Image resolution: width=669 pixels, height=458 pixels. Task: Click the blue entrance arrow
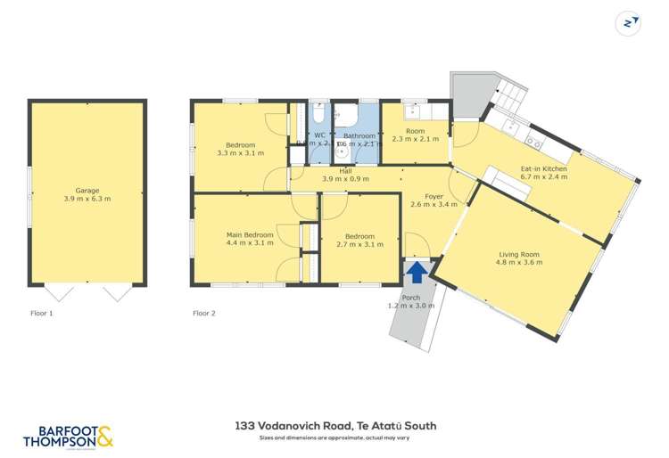[416, 271]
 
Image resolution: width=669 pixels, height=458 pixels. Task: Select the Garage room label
[87, 191]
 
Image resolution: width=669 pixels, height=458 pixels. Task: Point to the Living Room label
[518, 255]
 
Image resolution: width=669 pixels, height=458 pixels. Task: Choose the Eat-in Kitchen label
[544, 168]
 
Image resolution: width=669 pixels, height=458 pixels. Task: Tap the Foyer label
[434, 196]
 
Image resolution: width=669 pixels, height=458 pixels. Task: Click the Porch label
[411, 298]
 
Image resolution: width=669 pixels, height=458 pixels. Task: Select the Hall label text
[345, 170]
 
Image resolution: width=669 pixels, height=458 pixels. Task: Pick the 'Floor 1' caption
[42, 314]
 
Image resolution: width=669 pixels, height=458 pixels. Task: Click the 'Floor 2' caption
[205, 314]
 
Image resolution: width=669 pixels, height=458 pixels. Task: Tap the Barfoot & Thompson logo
[68, 436]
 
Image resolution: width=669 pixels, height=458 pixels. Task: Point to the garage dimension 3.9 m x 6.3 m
[87, 199]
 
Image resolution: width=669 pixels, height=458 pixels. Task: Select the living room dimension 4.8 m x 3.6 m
[518, 263]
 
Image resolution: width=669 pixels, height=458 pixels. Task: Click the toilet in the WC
[319, 115]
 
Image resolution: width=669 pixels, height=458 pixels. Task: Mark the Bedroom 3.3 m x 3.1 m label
[241, 145]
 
